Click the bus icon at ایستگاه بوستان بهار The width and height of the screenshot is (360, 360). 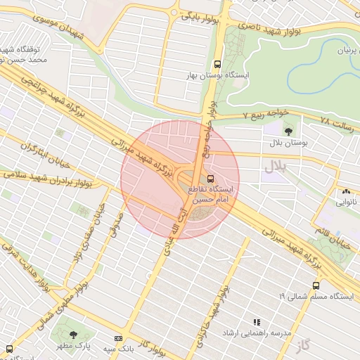click(x=218, y=63)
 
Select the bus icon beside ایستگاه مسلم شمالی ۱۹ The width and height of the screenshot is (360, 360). click(x=316, y=285)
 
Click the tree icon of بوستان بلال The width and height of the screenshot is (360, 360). click(x=288, y=131)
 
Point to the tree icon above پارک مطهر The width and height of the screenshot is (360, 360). click(x=74, y=335)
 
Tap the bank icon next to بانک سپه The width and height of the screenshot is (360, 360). click(x=117, y=338)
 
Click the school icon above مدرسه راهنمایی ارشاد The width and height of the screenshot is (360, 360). click(x=255, y=321)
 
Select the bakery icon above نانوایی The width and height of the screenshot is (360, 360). click(x=345, y=191)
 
